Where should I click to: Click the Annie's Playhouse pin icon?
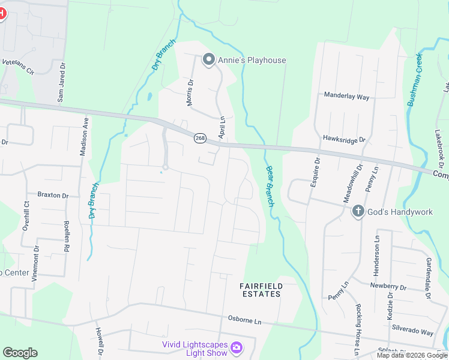pyautogui.click(x=209, y=59)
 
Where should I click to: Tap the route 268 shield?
pyautogui.click(x=200, y=138)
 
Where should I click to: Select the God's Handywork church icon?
pyautogui.click(x=358, y=211)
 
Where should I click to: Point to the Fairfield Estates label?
pyautogui.click(x=261, y=290)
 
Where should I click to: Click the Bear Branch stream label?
pyautogui.click(x=270, y=187)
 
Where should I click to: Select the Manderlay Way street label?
pyautogui.click(x=346, y=95)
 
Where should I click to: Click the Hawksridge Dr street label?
pyautogui.click(x=344, y=140)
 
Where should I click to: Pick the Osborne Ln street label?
pyautogui.click(x=245, y=321)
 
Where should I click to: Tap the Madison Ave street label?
pyautogui.click(x=85, y=136)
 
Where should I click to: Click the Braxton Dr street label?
pyautogui.click(x=53, y=195)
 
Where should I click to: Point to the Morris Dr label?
pyautogui.click(x=190, y=93)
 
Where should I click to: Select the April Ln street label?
pyautogui.click(x=221, y=127)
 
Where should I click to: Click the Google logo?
pyautogui.click(x=20, y=353)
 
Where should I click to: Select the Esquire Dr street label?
pyautogui.click(x=314, y=172)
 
